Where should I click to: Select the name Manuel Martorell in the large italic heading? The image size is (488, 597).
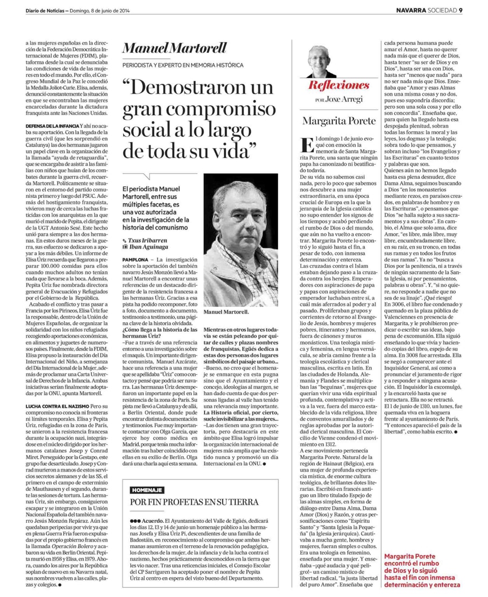pyautogui.click(x=167, y=48)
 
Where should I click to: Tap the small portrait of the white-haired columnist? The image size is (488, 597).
pyautogui.click(x=321, y=60)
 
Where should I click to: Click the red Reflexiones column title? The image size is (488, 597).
pyautogui.click(x=338, y=86)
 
